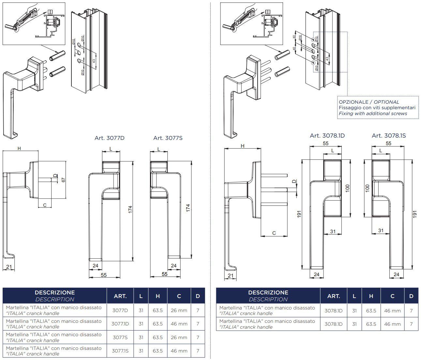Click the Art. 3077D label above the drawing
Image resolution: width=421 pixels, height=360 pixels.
pos(110,138)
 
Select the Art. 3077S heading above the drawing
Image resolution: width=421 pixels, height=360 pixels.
pos(168,138)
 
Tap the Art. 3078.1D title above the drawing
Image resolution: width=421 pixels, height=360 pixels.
pos(327,135)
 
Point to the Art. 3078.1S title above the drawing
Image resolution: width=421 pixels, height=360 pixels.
pos(389,135)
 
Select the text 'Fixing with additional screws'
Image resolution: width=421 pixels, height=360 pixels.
pos(373,113)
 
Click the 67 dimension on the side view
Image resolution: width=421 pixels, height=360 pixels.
pos(64,180)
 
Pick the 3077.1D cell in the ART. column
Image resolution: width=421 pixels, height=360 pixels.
pos(120,324)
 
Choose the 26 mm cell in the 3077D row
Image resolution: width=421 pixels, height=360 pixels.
pos(179,310)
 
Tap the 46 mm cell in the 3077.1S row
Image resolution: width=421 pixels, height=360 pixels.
pos(179,351)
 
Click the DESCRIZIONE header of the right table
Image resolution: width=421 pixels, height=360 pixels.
pos(268,292)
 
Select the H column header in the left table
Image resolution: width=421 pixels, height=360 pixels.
pos(158,296)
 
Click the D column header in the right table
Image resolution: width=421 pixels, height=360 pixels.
pos(411,296)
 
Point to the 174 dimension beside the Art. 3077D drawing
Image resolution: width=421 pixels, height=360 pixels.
pos(130,209)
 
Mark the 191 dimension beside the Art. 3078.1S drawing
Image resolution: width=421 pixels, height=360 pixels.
pos(415,214)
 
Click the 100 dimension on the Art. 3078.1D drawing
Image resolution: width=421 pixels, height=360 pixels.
pos(348,188)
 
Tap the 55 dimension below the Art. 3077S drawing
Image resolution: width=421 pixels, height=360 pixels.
pos(165,274)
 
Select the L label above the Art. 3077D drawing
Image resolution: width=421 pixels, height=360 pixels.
pos(111,149)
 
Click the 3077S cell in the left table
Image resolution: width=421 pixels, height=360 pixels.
pos(120,337)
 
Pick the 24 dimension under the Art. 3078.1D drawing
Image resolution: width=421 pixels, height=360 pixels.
pos(316,274)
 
